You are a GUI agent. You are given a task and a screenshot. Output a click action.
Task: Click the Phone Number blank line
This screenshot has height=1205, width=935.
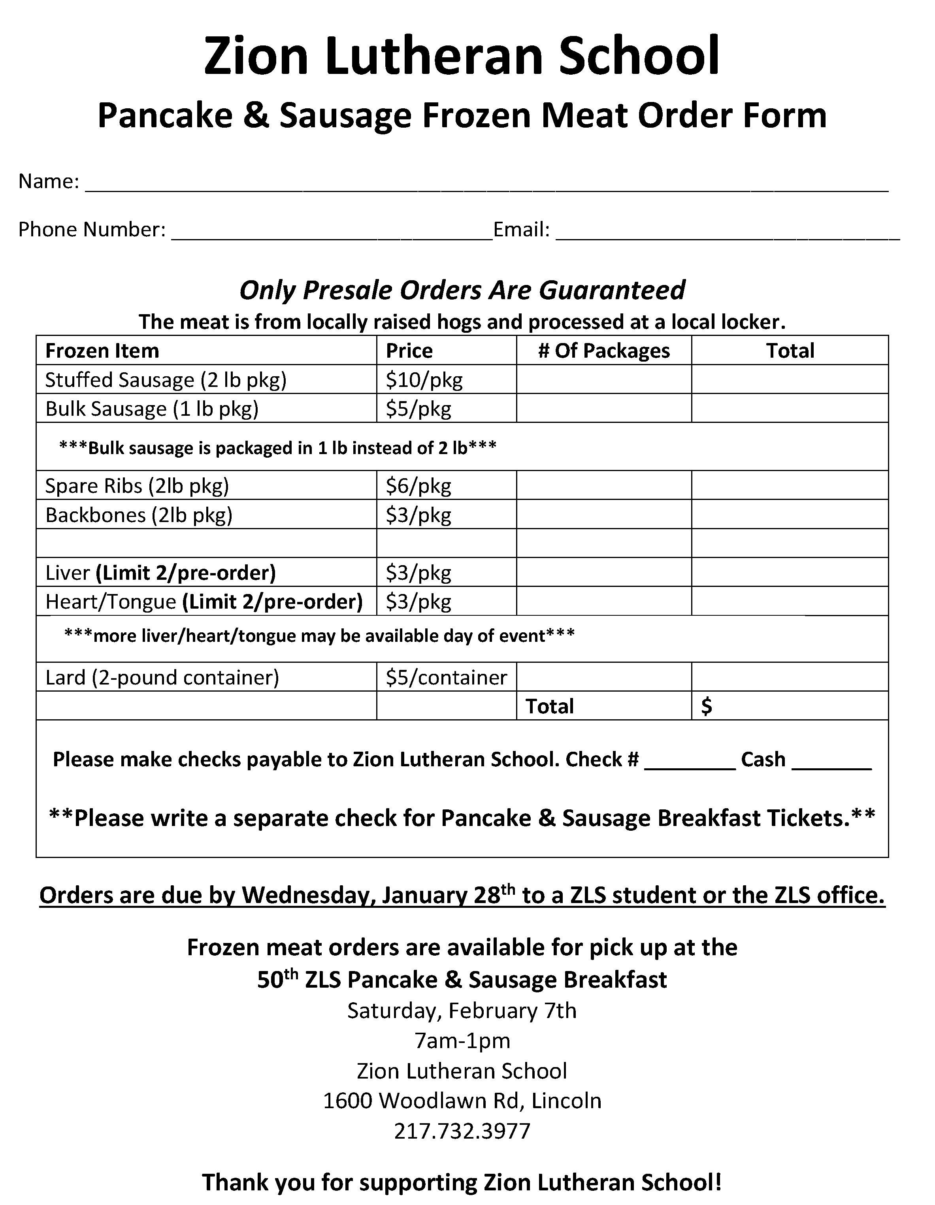tap(331, 235)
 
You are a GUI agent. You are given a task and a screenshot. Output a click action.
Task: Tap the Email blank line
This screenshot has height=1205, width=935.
tap(727, 235)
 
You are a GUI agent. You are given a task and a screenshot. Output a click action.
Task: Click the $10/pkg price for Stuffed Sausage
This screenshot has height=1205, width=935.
tap(424, 379)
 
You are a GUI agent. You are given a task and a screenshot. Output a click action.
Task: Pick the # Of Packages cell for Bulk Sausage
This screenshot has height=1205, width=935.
tap(603, 409)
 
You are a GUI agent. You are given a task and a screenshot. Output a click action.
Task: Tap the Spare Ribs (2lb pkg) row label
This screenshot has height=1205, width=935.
tap(137, 486)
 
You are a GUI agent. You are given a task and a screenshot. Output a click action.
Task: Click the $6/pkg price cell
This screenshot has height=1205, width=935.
tap(418, 486)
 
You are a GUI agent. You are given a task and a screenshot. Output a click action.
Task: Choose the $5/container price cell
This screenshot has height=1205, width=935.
tap(446, 677)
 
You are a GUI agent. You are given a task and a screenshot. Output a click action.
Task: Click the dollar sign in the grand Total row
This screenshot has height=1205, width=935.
tap(706, 706)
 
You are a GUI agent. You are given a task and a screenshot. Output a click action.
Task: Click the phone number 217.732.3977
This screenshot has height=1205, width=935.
tap(462, 1131)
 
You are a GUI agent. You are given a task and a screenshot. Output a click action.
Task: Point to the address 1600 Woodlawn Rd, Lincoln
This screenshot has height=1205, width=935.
tap(462, 1100)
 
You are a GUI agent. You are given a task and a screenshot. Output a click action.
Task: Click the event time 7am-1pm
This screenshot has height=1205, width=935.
tap(462, 1041)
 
